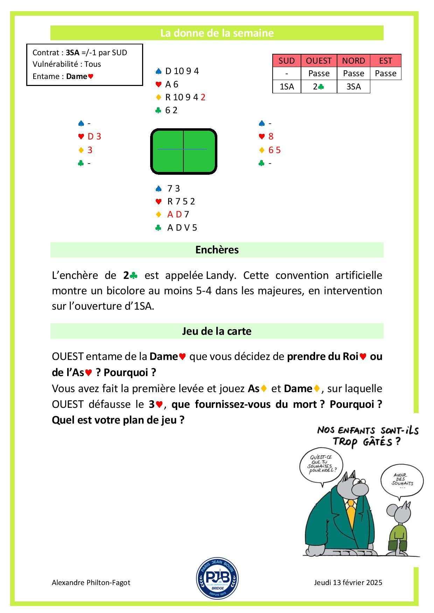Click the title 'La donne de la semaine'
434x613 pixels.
tap(217, 33)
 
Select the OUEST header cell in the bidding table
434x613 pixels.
tap(318, 60)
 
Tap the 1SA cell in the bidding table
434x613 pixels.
tap(287, 86)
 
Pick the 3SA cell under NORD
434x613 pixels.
tap(353, 86)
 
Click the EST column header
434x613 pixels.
tap(385, 60)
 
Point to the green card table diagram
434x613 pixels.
tap(184, 151)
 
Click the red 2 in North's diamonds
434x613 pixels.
tap(203, 97)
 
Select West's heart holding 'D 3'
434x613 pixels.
tap(94, 136)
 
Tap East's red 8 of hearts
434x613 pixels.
tap(271, 136)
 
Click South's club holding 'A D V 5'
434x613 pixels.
tap(182, 228)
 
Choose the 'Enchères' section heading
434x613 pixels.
tap(217, 250)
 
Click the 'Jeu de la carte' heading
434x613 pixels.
tap(217, 331)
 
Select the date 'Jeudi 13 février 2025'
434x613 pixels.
tap(348, 583)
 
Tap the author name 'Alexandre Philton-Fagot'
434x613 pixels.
tap(91, 583)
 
